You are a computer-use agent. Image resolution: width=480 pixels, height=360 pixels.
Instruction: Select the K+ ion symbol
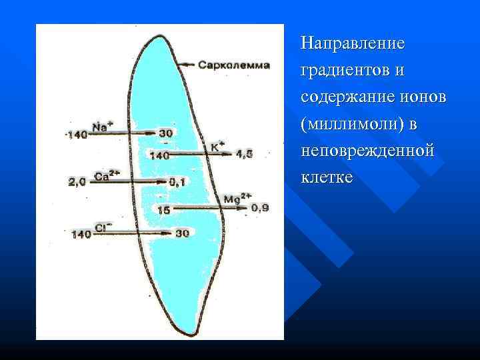tap(218, 144)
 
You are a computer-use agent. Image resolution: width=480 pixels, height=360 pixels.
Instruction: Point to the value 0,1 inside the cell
tap(177, 181)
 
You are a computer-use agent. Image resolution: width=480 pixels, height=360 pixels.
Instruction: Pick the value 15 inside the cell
tap(163, 209)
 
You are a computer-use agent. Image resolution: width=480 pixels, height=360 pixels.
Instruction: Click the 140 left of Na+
tap(77, 135)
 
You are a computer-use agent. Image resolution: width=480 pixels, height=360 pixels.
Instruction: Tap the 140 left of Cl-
tap(81, 234)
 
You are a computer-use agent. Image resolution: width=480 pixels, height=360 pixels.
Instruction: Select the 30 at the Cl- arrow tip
tap(183, 233)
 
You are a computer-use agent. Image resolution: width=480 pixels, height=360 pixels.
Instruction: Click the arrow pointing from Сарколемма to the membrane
tap(190, 65)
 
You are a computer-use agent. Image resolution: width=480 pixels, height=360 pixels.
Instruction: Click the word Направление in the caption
tap(352, 43)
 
